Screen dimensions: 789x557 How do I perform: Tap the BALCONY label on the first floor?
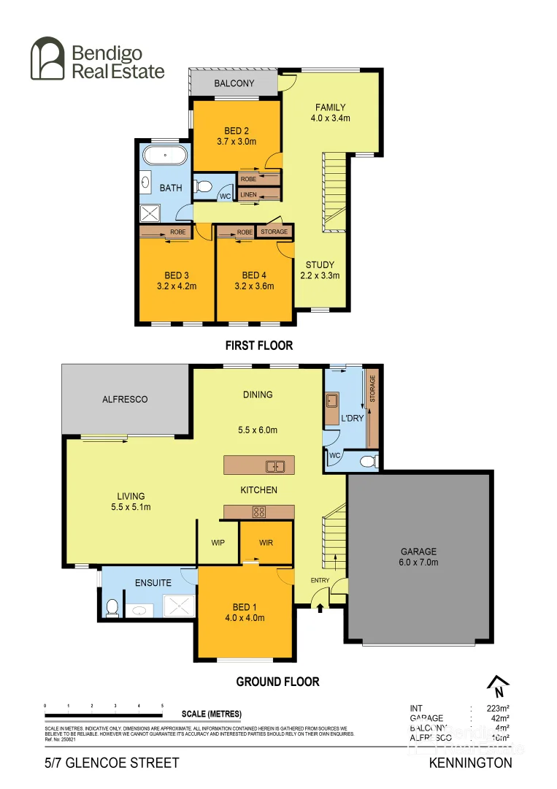234,83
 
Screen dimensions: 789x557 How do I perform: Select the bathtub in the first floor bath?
164,156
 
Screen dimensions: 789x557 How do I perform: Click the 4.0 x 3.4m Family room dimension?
331,118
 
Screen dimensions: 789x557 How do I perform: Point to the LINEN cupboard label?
248,194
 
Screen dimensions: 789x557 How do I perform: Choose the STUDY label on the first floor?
320,265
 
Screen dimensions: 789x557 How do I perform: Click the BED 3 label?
176,275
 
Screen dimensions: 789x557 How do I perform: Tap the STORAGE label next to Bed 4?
274,232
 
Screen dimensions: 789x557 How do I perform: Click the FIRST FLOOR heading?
258,345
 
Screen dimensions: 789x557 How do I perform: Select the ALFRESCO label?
125,399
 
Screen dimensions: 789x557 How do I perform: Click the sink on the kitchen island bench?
274,465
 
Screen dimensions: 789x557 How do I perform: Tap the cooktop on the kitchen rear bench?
258,511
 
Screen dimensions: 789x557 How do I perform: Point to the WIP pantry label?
218,543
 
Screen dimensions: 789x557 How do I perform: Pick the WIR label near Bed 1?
266,543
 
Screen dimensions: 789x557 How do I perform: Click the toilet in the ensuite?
112,608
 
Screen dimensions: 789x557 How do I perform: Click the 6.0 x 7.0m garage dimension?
418,562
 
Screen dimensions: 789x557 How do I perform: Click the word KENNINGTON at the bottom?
470,763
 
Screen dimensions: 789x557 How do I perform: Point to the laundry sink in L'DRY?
332,400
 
